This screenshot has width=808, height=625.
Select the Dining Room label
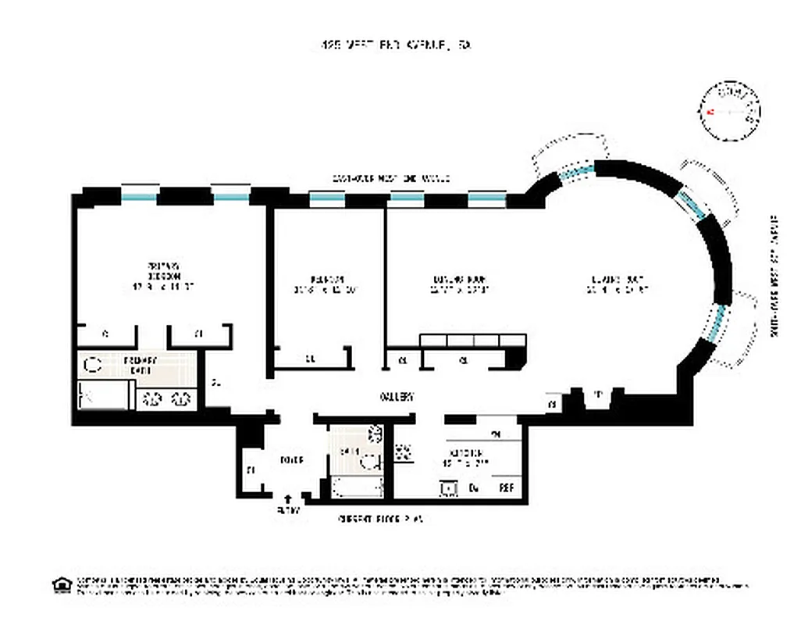(x=461, y=283)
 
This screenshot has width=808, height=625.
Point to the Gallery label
(x=396, y=397)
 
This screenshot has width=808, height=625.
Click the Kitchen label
(x=466, y=458)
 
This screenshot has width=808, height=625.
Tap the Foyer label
(x=290, y=461)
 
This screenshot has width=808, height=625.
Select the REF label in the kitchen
(x=507, y=489)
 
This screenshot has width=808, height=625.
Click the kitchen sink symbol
(x=449, y=489)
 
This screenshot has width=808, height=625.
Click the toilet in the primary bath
(x=93, y=364)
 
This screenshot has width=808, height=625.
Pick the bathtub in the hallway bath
(x=357, y=487)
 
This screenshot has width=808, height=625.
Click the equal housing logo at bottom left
(x=59, y=584)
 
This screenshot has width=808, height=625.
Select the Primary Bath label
(x=141, y=364)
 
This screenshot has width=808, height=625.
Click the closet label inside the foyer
(x=251, y=470)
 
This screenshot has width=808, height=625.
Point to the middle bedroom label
(x=326, y=283)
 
